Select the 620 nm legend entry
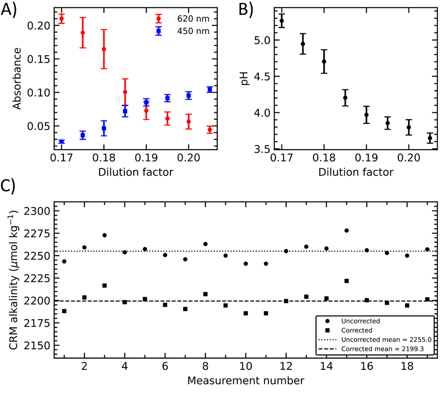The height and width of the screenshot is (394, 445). click(189, 19)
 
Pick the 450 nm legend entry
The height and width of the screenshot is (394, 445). click(189, 31)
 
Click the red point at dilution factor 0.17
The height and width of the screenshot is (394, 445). click(62, 19)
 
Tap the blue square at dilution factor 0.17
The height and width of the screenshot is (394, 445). click(62, 142)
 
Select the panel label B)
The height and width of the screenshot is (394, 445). click(245, 10)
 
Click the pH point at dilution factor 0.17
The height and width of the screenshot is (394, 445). click(281, 21)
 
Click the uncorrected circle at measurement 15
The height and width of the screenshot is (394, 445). click(347, 231)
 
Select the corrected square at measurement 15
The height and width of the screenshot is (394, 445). click(347, 281)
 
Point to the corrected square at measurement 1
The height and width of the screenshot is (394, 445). click(64, 311)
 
